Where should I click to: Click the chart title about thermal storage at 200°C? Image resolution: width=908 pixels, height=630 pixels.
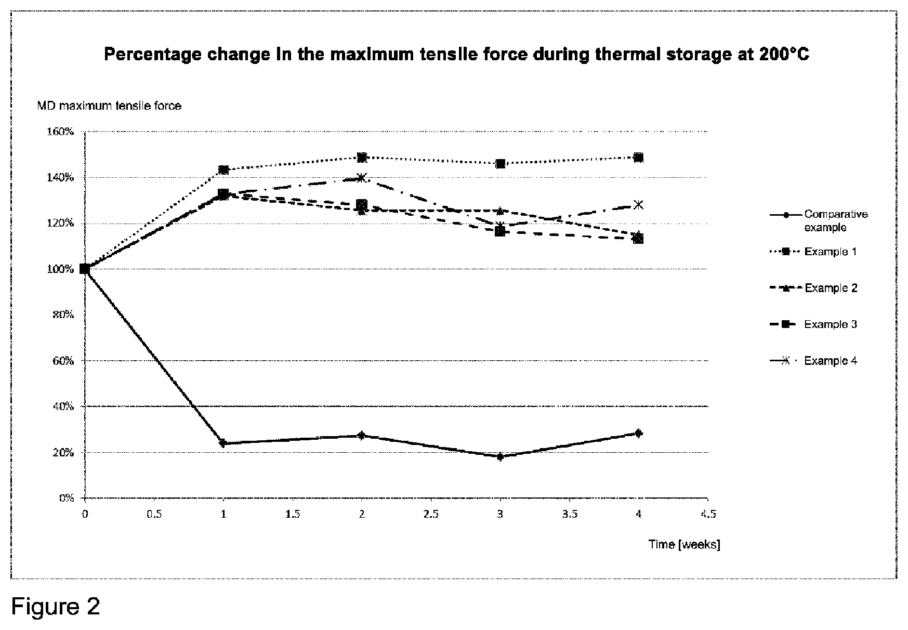coord(457,55)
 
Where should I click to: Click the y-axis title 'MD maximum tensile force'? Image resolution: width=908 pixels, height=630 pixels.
coord(109,106)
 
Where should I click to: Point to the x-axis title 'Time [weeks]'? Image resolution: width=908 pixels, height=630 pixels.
coord(684,544)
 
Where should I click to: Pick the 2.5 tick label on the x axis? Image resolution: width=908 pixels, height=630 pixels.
coord(431,514)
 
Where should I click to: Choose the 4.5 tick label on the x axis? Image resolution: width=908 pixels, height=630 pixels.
coord(708,514)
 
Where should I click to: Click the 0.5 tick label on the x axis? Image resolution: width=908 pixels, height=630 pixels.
coord(154,514)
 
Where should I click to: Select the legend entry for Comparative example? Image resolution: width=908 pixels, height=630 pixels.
coord(819,221)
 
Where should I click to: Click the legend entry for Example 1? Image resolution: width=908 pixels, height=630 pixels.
coord(813,252)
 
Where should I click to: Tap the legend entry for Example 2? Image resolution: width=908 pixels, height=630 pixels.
coord(813,288)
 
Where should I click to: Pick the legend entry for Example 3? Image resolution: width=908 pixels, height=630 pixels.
coord(813,324)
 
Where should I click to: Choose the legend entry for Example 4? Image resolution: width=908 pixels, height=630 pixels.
coord(813,361)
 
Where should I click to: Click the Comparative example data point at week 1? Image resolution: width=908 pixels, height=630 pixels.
coord(223,443)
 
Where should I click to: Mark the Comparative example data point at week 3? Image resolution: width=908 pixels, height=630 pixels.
coord(500,457)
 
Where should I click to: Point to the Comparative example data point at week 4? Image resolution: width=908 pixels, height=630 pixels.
coord(639,433)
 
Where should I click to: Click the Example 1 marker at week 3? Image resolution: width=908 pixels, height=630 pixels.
coord(500,164)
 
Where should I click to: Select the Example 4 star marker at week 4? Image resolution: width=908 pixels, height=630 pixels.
coord(639,205)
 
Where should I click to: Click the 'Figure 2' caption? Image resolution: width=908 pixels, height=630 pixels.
coord(56,607)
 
